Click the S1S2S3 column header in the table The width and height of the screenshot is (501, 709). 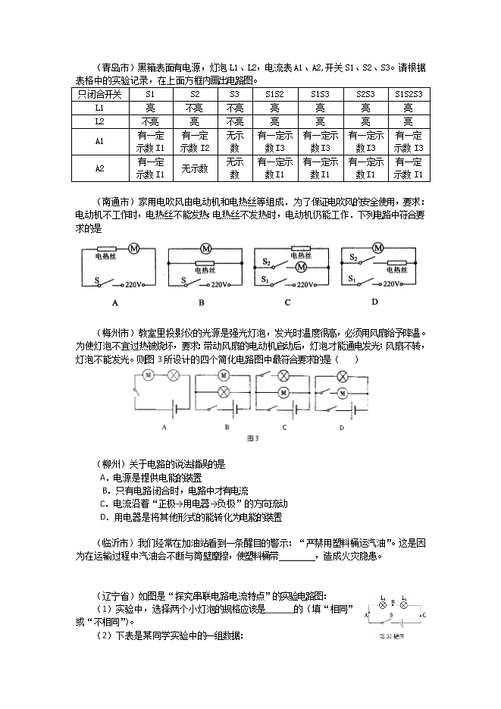click(409, 94)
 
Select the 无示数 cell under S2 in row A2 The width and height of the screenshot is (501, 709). click(195, 168)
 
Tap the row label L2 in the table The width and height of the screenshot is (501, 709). click(99, 121)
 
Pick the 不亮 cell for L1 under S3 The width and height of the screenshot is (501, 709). click(233, 108)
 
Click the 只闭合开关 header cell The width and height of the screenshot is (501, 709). click(99, 94)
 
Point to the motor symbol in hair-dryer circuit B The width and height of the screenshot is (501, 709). click(205, 249)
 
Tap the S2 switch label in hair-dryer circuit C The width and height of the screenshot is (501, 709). click(266, 262)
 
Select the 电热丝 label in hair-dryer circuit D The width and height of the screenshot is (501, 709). click(396, 268)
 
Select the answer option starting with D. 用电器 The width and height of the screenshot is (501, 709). click(191, 517)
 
